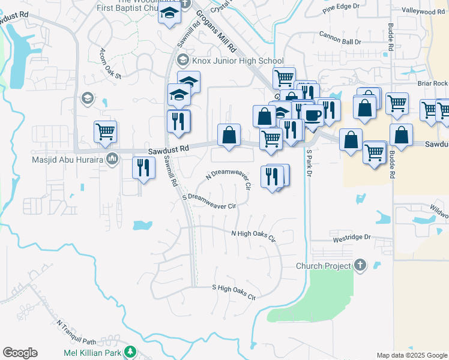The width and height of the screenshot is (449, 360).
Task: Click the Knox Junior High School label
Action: coord(237,61)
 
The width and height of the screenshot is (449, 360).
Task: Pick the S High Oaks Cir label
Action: coord(234,292)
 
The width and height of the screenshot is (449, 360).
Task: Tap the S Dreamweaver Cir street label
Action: coord(209,200)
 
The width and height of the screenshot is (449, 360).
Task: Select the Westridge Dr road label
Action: coord(351,238)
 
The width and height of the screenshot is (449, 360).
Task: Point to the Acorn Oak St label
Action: coord(111,64)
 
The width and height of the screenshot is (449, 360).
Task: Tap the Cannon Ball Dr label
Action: coord(340,38)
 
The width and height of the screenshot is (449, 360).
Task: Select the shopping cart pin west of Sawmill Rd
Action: coord(105,131)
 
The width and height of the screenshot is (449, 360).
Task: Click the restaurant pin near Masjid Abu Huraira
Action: coord(143,167)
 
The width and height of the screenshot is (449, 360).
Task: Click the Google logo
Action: coord(20,353)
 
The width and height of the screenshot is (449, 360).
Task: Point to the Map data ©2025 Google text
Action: coord(412,355)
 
